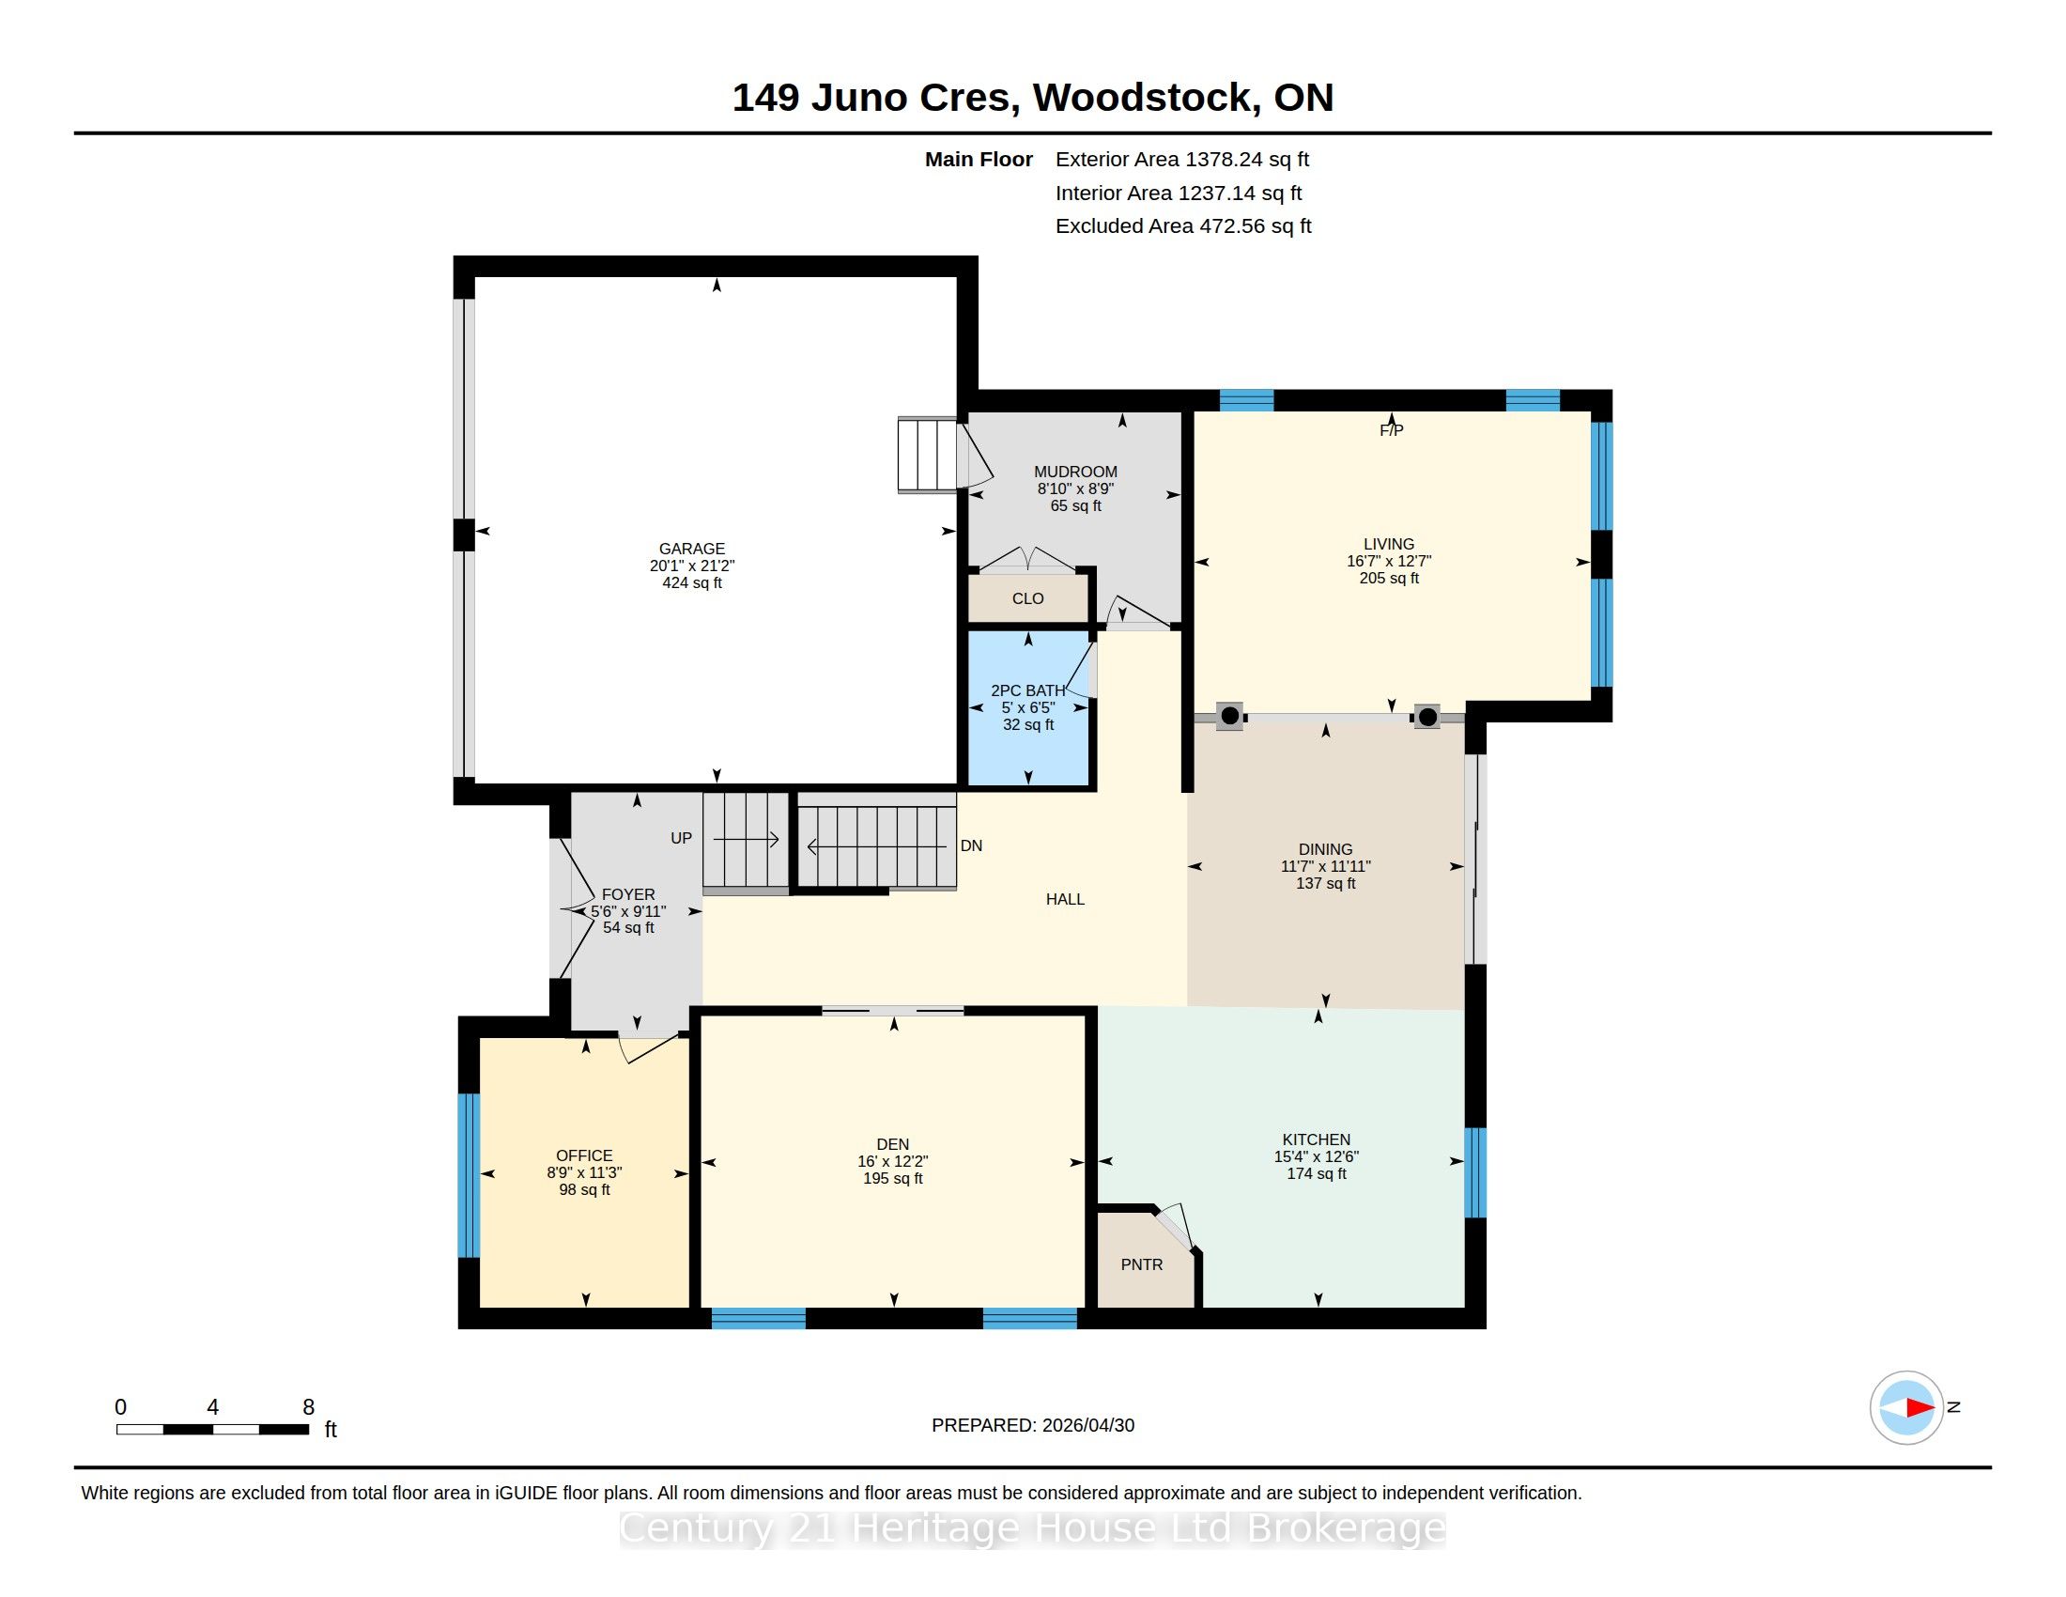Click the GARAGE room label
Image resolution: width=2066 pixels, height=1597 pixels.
691,549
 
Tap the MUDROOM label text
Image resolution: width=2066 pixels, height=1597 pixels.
1075,473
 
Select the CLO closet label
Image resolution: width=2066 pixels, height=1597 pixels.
1027,599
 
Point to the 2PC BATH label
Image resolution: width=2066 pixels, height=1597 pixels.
1028,690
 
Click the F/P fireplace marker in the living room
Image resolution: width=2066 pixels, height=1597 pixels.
1391,430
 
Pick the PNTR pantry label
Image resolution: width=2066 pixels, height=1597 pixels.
1142,1265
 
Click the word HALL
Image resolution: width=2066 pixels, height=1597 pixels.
1065,900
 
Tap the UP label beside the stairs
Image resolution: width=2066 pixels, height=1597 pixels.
681,838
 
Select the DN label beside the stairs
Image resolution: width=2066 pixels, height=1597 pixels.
972,845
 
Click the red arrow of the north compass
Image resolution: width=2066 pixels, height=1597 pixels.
1920,1408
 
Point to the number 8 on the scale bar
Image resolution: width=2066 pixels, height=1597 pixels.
308,1408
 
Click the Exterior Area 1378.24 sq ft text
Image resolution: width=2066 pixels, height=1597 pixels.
1182,160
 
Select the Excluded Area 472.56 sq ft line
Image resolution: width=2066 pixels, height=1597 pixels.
1183,226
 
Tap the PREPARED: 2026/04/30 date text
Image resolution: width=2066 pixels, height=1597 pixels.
1033,1426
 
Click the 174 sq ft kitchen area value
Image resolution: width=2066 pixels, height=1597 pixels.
1317,1174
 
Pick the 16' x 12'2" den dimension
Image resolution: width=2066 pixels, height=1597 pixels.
893,1162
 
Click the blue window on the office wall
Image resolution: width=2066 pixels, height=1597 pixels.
469,1176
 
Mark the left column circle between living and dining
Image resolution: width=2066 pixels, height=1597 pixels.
1230,716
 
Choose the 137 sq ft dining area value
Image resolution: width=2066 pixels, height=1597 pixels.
1325,884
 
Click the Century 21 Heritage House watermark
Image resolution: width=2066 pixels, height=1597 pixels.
1033,1528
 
